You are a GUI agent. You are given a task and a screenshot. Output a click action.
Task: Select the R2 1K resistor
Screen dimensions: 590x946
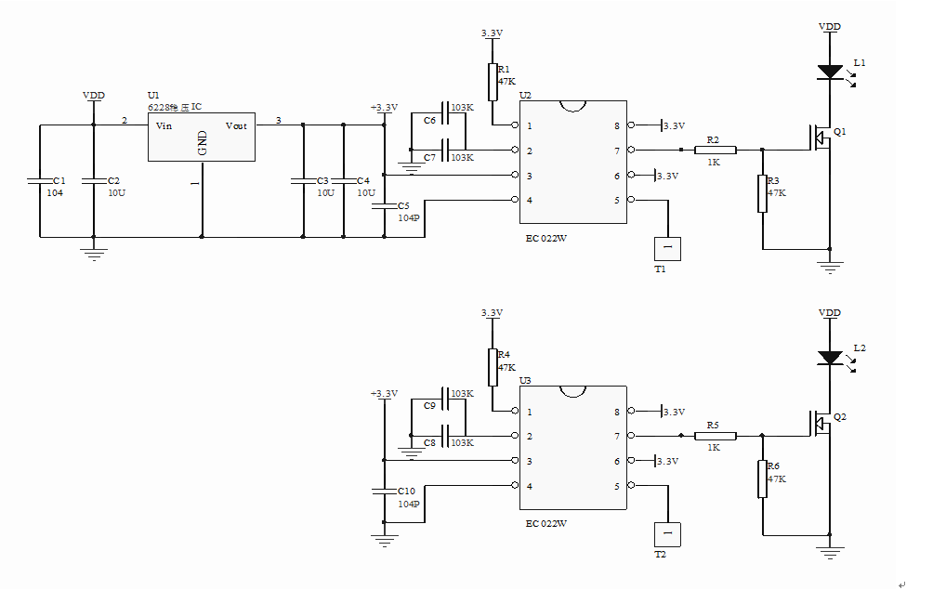tap(715, 150)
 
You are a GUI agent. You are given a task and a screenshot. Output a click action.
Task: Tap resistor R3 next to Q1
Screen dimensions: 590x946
tap(762, 193)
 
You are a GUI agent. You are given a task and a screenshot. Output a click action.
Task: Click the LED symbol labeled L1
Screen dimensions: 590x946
tap(829, 72)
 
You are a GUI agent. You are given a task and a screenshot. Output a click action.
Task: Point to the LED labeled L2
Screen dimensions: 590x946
tap(829, 357)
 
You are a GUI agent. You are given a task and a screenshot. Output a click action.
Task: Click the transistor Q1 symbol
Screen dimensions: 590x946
tap(821, 138)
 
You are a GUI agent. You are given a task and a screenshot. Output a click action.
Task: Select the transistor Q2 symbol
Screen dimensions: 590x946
tap(821, 424)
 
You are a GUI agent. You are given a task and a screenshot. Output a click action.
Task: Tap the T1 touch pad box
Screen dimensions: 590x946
tap(667, 248)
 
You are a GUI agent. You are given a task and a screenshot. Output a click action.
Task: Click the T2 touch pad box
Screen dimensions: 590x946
tap(667, 534)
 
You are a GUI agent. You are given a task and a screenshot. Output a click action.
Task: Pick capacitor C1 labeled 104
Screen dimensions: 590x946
tap(40, 180)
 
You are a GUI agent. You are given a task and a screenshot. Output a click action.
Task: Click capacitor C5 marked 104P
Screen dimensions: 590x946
tap(384, 206)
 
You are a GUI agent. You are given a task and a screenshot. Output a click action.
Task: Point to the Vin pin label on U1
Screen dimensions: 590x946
tap(164, 125)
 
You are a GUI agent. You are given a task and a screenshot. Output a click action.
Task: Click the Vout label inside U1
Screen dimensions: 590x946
tap(236, 125)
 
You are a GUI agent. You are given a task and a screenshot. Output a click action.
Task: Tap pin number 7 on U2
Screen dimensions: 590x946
tap(616, 151)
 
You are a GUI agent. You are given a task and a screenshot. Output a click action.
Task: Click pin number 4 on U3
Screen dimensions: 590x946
tap(530, 486)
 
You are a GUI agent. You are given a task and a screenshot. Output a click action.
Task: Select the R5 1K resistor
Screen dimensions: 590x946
tap(715, 436)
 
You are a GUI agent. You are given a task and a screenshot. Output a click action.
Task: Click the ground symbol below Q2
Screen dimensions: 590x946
tap(829, 552)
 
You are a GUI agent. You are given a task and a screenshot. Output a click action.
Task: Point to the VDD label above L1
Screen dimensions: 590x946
tap(829, 27)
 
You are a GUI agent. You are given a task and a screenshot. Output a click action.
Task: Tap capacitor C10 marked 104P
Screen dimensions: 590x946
tap(384, 492)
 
